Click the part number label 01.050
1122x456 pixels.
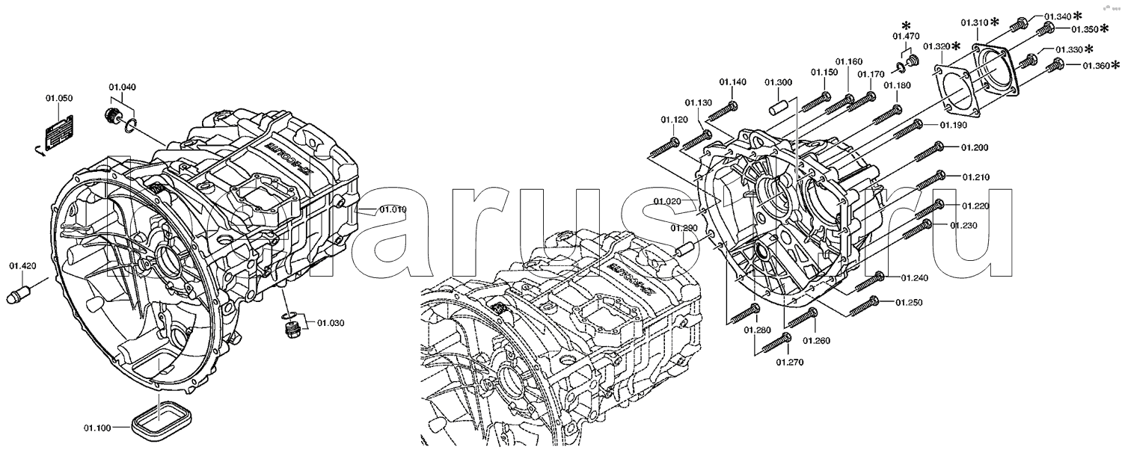[x=59, y=99]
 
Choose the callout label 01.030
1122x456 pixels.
[x=330, y=323]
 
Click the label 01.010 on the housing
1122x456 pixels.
[x=392, y=209]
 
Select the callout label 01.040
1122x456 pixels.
[x=122, y=87]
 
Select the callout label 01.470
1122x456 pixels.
[x=906, y=36]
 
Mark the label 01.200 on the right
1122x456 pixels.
[x=975, y=147]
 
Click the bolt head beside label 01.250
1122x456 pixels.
[x=875, y=302]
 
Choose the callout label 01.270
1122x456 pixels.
[x=788, y=363]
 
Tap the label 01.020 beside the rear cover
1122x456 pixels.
[x=666, y=201]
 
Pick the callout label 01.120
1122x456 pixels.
[x=674, y=120]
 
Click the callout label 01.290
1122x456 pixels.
[x=684, y=228]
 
